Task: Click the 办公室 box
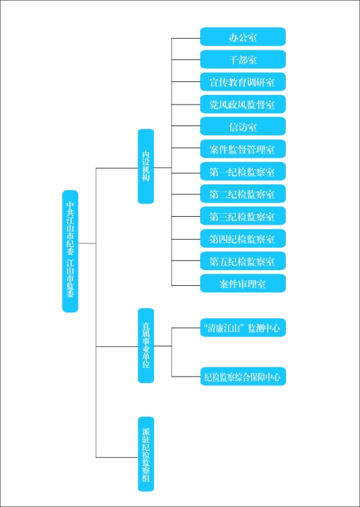click(243, 37)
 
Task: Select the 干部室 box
click(243, 60)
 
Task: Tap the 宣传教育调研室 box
click(243, 82)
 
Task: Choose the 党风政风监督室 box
click(243, 104)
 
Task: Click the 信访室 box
click(243, 127)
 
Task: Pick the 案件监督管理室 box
click(243, 149)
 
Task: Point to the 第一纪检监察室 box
click(243, 171)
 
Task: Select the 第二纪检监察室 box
click(243, 194)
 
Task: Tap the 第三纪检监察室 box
click(243, 216)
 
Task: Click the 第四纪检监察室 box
click(243, 238)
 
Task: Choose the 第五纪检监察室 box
click(243, 261)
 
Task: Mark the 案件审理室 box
click(243, 284)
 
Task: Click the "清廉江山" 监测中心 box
click(243, 328)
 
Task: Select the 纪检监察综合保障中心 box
click(243, 377)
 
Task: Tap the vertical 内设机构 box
click(145, 166)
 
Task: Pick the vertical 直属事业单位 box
click(145, 346)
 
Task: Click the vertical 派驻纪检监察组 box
click(145, 454)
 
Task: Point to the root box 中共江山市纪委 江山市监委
click(70, 251)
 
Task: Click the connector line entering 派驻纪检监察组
click(117, 457)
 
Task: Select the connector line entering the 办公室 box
click(186, 38)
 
